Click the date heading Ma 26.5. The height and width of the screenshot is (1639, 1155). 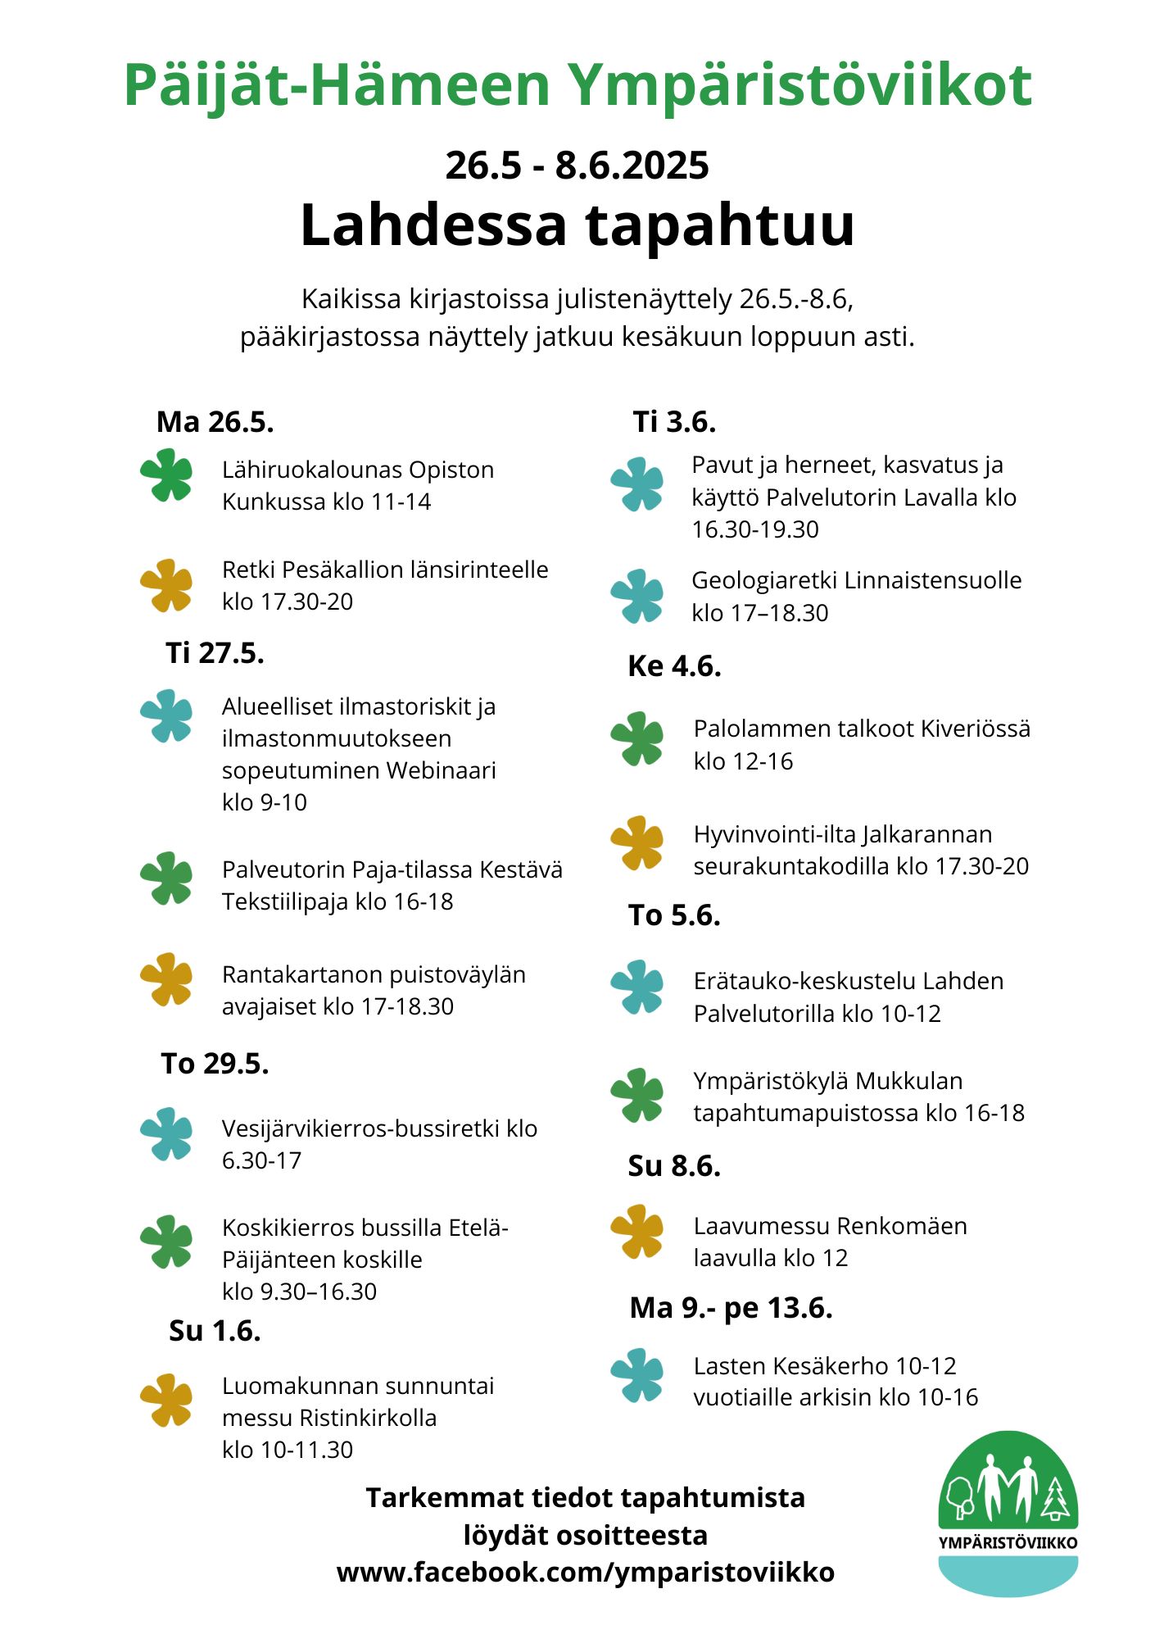215,422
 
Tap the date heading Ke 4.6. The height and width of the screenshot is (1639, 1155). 674,666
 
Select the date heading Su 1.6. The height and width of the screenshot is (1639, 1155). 215,1330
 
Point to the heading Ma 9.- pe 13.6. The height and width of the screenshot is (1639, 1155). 731,1307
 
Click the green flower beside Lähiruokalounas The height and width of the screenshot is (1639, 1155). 166,474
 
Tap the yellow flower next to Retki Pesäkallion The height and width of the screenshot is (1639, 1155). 166,585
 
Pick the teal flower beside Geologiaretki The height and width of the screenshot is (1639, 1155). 637,596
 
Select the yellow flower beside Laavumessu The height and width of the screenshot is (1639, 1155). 637,1231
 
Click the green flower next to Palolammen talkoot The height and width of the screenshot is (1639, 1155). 637,738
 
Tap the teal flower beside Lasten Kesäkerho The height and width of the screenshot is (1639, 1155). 637,1375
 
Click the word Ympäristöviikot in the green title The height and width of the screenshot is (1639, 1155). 799,86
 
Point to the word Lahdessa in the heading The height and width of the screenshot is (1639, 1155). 433,225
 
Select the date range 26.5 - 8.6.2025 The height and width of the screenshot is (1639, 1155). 577,166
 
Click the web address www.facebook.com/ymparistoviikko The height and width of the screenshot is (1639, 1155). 585,1572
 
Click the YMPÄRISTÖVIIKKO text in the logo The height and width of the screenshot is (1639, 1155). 1008,1542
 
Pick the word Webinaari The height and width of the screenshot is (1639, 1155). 441,770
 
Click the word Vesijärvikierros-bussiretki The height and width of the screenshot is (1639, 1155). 360,1128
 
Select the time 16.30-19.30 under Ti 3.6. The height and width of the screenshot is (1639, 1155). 754,529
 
